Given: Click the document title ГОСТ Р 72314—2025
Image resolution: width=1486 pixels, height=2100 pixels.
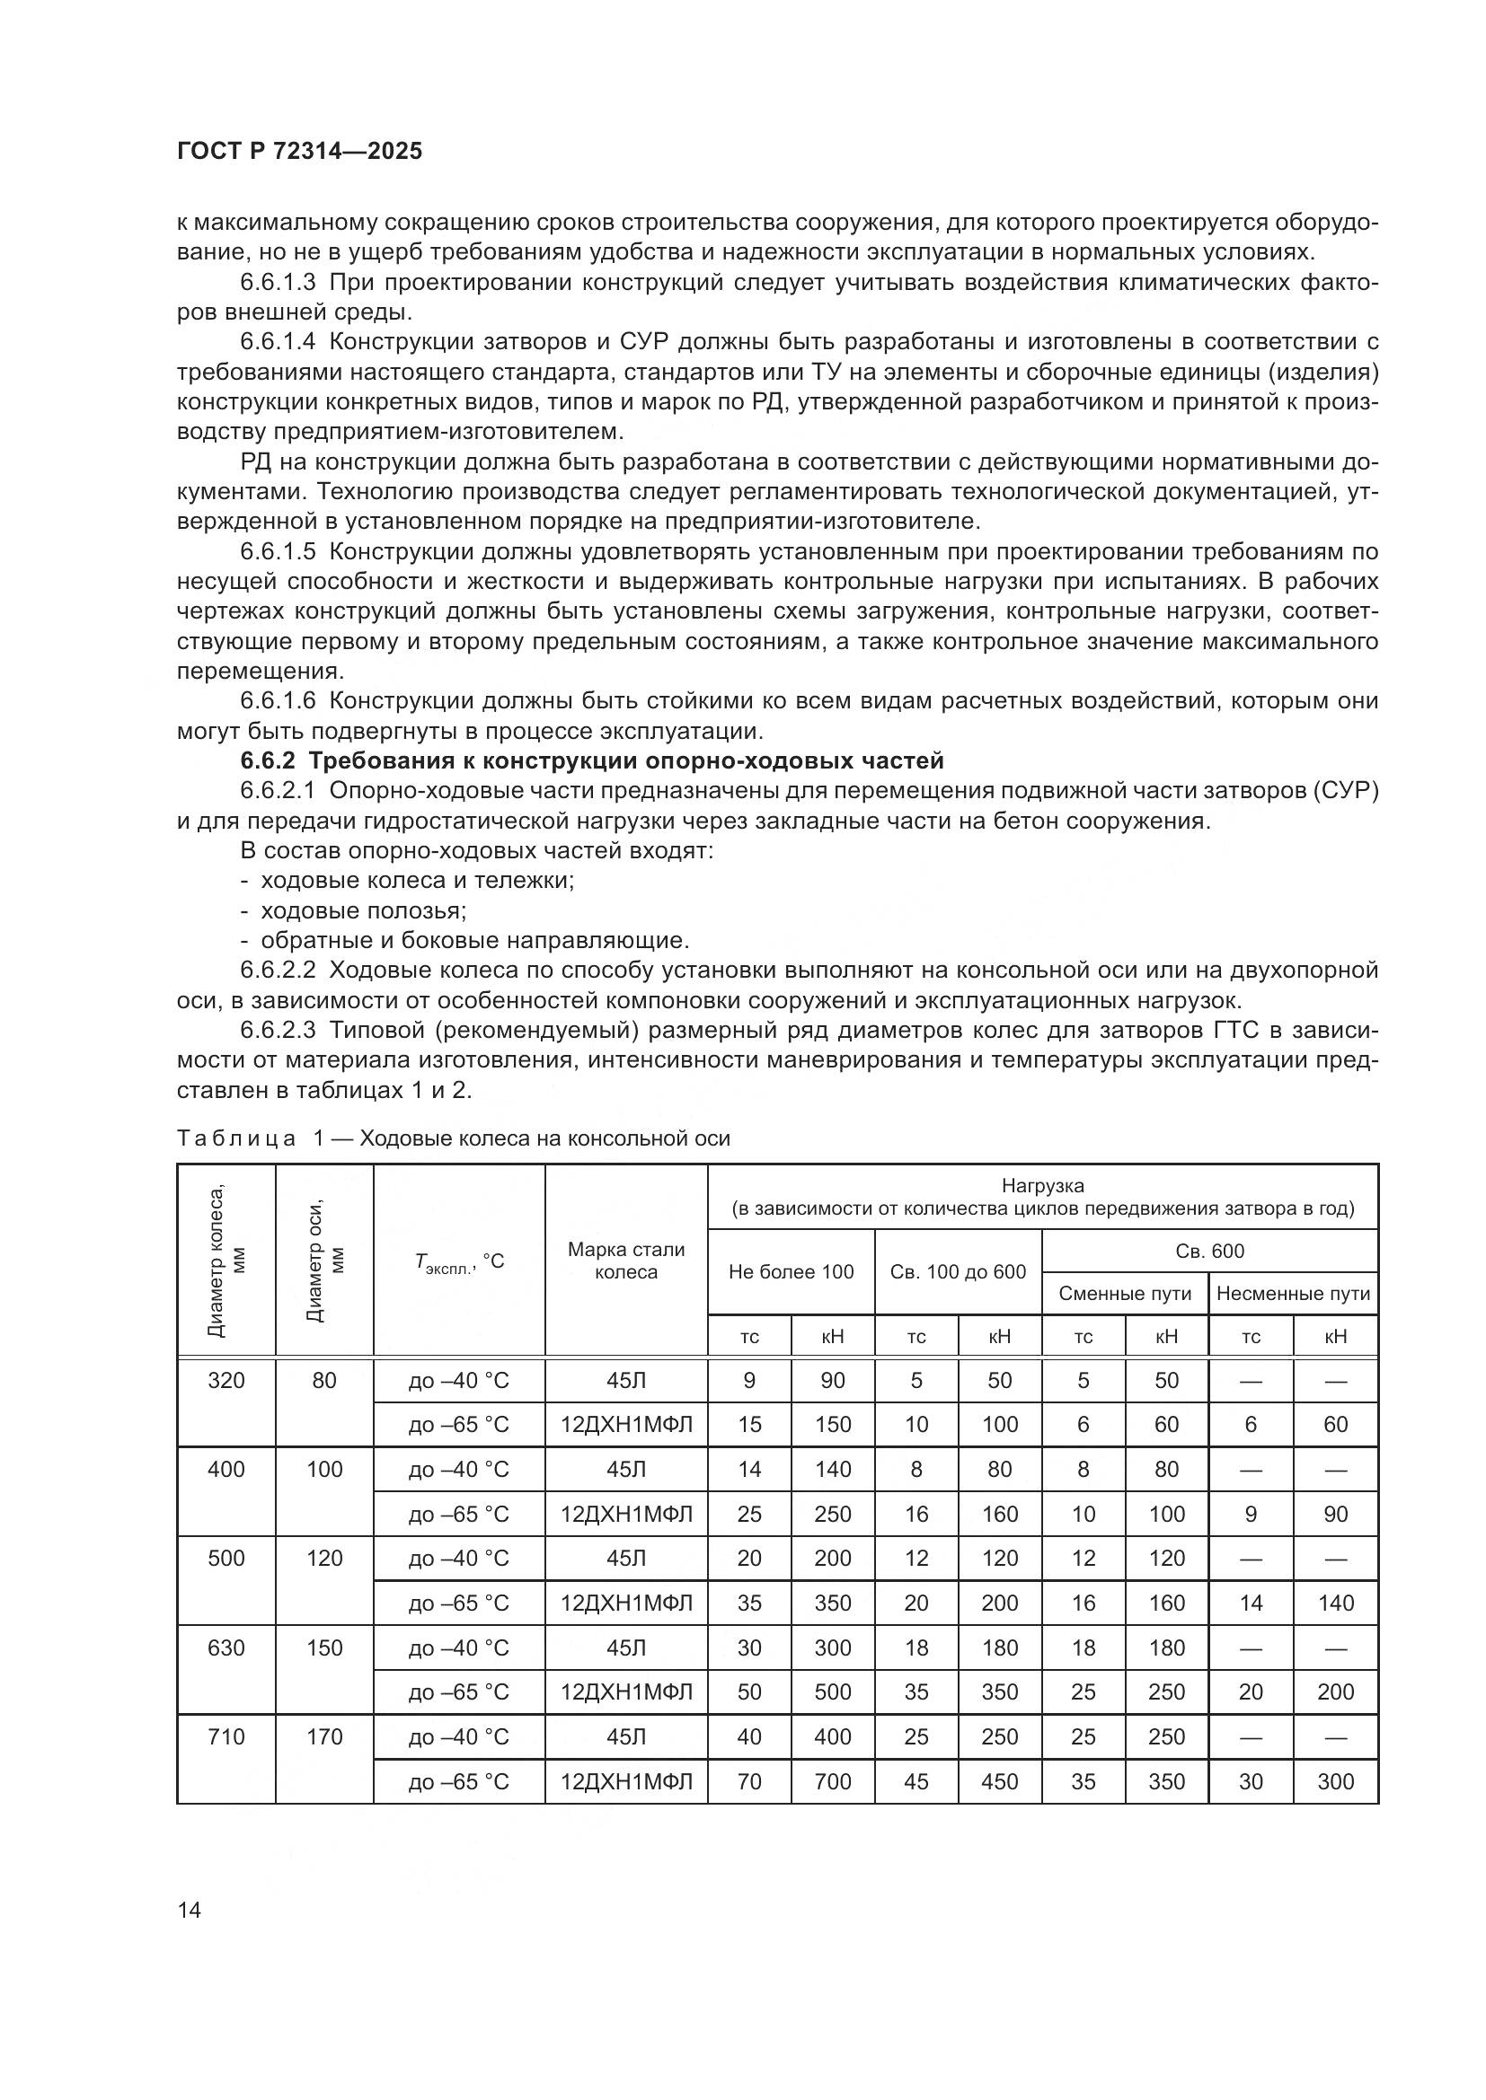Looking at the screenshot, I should pos(299,152).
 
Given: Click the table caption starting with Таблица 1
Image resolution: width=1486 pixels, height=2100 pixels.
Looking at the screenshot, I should pos(453,1138).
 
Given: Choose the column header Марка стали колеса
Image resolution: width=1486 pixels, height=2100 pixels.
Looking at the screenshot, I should pos(626,1261).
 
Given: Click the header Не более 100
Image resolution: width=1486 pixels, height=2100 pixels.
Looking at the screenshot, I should pos(791,1271).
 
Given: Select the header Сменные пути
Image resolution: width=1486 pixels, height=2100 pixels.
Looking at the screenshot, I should pos(1125,1293).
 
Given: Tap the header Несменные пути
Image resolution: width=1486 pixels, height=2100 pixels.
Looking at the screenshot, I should pos(1293,1293).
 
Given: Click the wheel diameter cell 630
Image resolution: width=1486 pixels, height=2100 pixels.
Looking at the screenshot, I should pos(226,1647).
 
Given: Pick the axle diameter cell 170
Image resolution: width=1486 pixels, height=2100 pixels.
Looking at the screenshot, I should pos(324,1737).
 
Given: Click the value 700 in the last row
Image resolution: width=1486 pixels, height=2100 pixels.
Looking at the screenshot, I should pos(833,1781).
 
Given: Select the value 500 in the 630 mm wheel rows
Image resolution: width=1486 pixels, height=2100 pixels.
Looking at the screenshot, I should pos(833,1692).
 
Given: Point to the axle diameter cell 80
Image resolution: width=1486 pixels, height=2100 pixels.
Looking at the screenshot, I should pos(324,1380).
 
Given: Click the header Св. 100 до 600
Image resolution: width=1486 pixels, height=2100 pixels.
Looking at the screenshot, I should pos(958,1271).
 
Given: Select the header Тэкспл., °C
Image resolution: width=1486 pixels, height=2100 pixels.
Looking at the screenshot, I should pos(458,1261).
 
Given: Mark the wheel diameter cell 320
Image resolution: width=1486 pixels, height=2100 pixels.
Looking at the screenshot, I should pos(226,1380).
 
